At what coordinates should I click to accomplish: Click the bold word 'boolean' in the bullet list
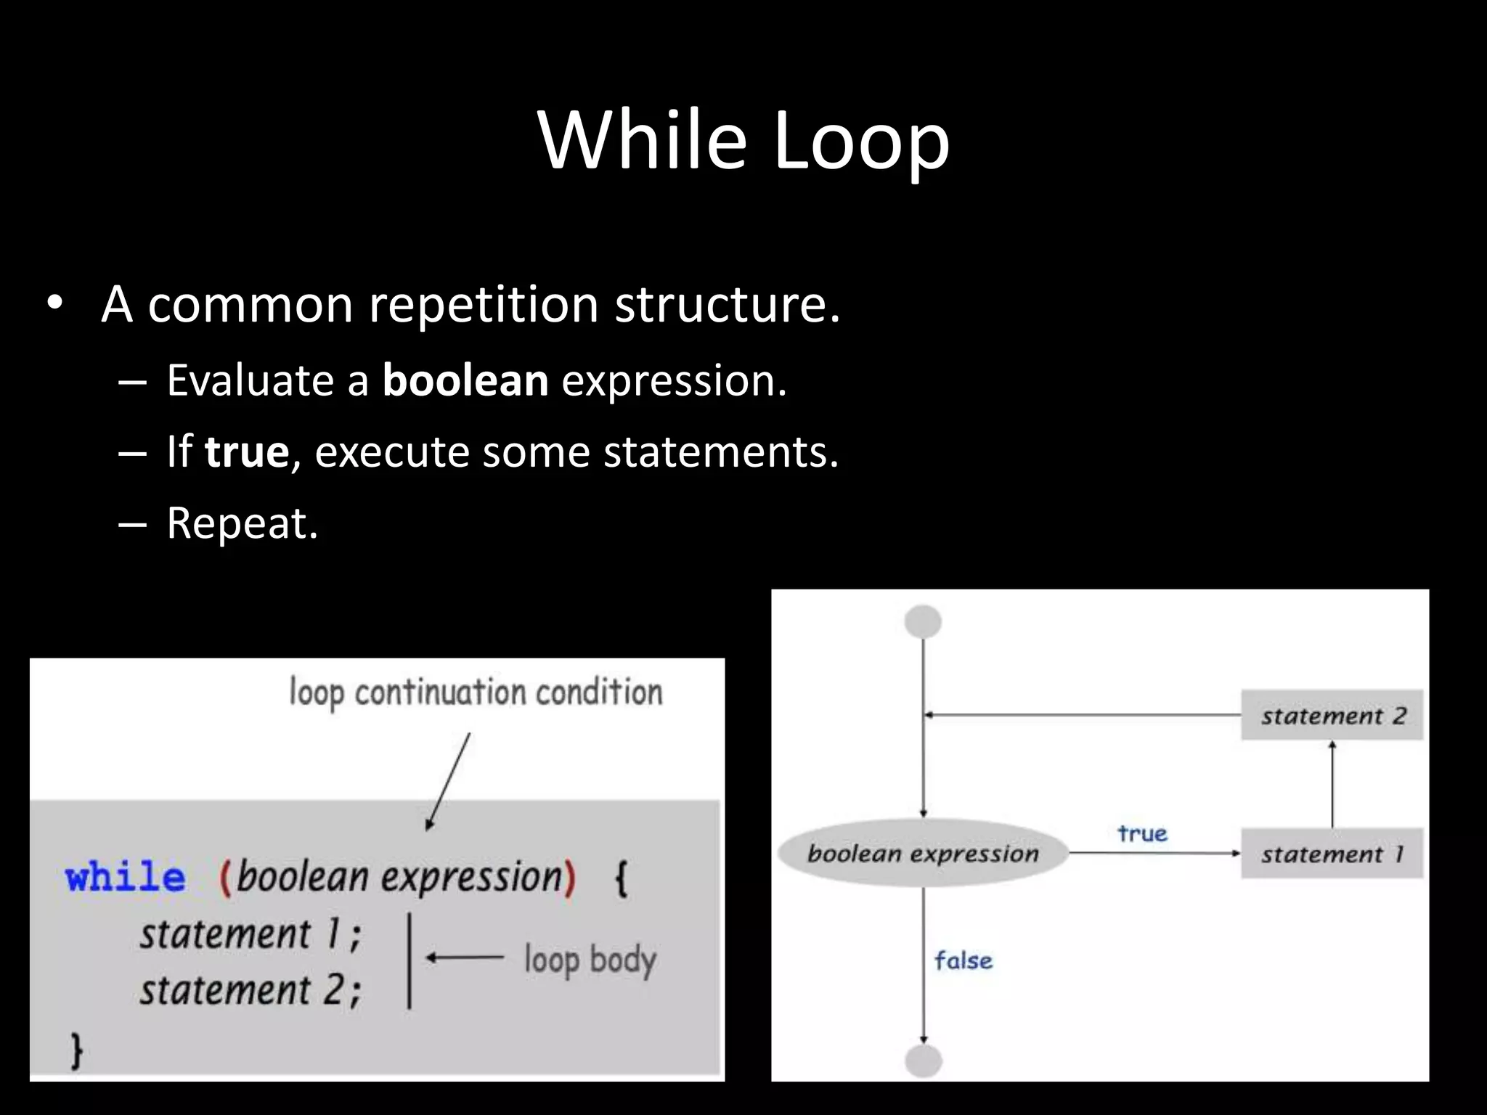[465, 380]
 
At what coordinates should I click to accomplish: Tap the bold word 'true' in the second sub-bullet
[247, 452]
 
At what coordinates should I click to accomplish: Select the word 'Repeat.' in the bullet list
[243, 523]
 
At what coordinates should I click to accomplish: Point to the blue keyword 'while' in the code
[125, 877]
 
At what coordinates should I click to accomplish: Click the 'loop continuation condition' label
[476, 693]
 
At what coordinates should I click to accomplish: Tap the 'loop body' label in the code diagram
[590, 960]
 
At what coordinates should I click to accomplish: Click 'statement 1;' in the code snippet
[250, 934]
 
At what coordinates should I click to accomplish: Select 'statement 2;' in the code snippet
[250, 990]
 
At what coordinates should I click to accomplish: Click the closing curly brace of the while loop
[76, 1050]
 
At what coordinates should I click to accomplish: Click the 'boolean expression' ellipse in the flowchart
[923, 854]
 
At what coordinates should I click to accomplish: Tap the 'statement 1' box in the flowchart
[1332, 854]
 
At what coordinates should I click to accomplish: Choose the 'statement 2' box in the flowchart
[1332, 716]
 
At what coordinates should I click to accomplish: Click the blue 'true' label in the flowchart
[1142, 833]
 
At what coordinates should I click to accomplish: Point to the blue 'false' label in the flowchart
[963, 961]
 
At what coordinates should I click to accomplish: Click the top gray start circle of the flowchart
[923, 622]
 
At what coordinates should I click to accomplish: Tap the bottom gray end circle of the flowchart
[924, 1061]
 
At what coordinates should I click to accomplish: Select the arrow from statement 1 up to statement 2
[1332, 784]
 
